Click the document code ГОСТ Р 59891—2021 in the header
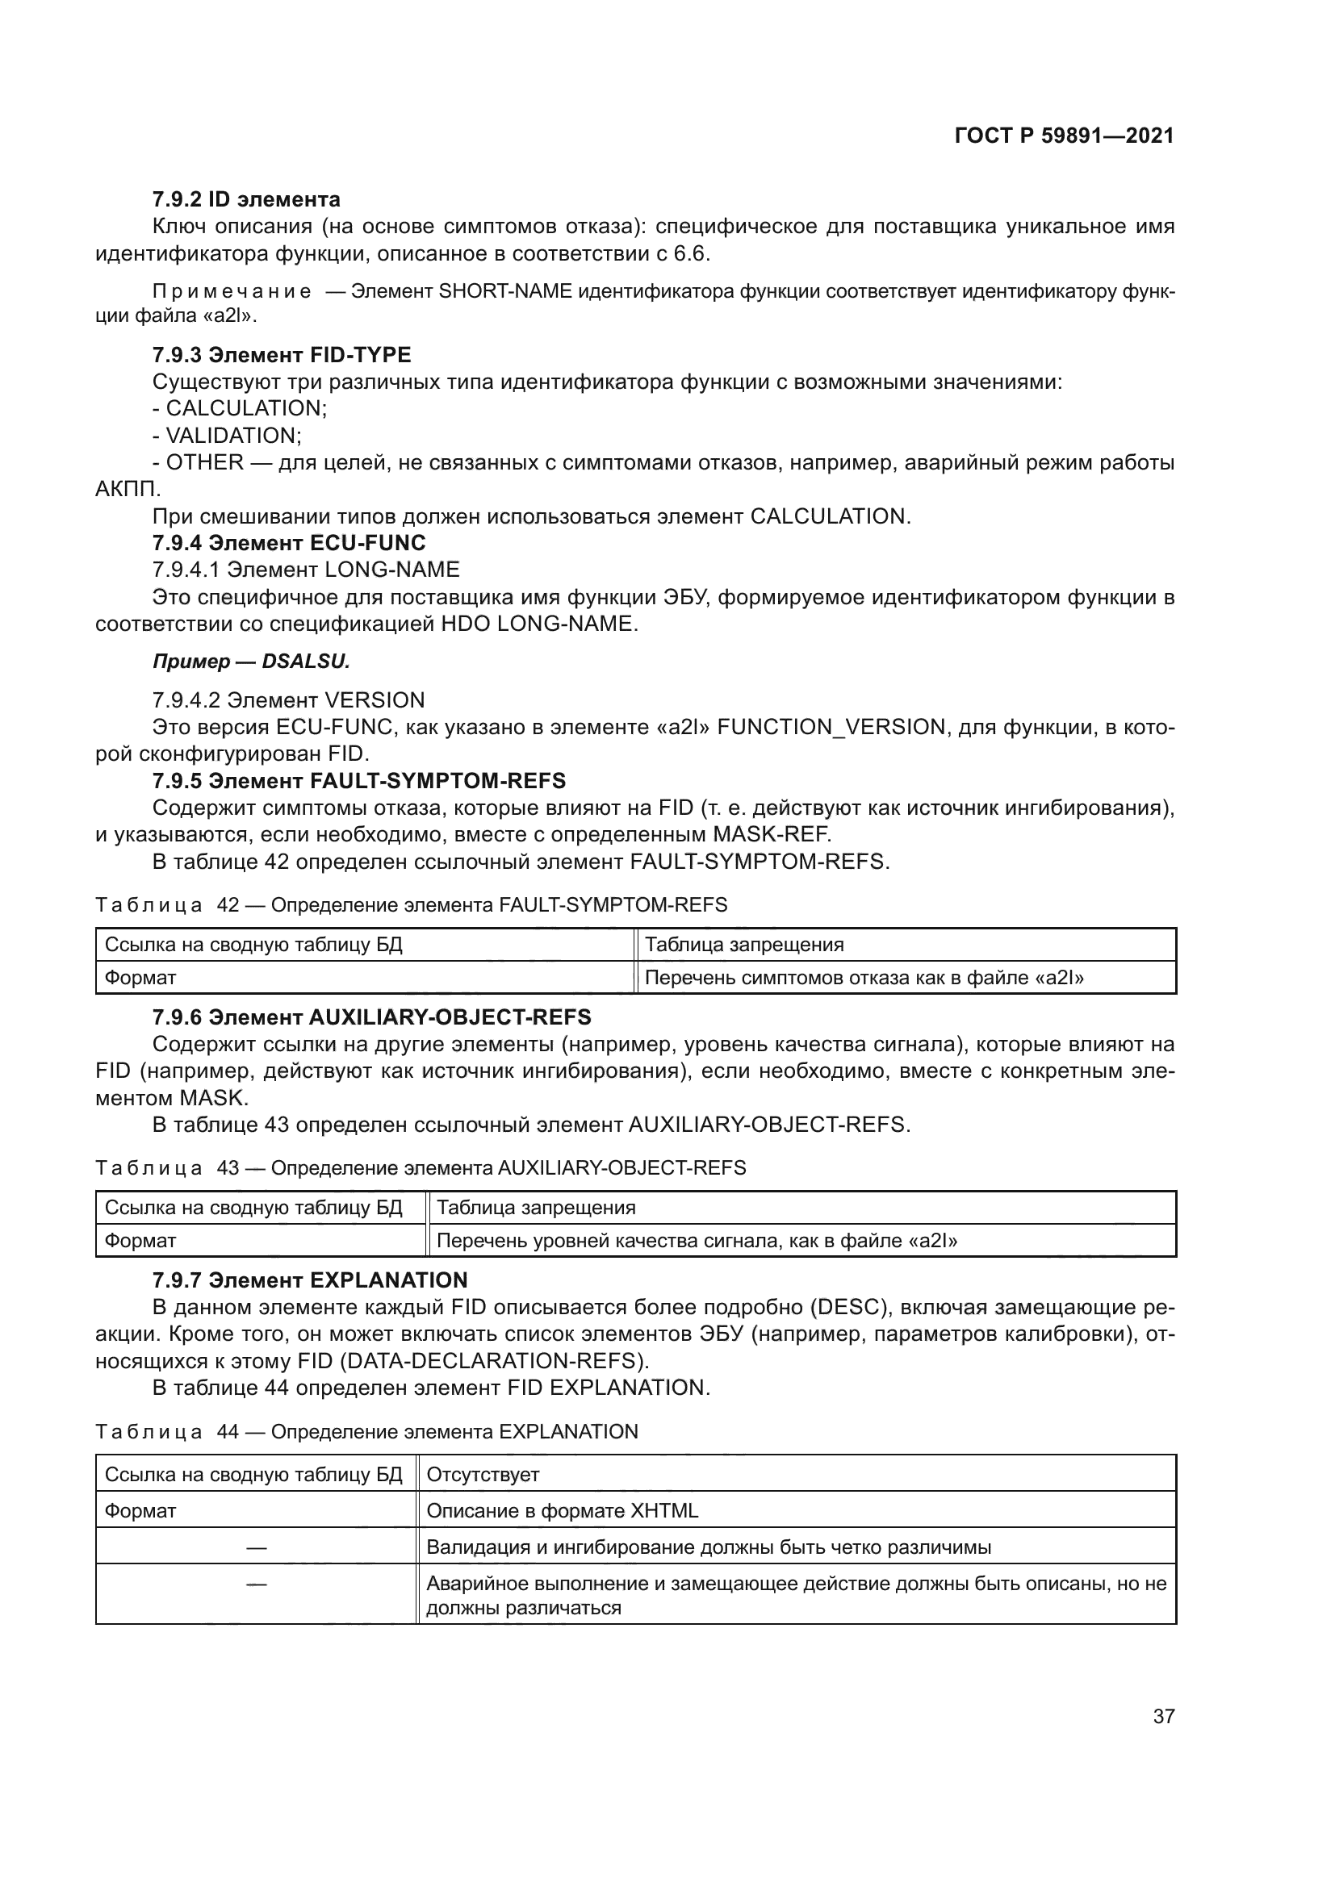(1064, 136)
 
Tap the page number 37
(1163, 1716)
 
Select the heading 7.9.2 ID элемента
(246, 200)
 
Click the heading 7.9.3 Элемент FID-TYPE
(281, 355)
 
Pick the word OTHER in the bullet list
(205, 463)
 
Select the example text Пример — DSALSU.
(251, 662)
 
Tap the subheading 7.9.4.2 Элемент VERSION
(288, 700)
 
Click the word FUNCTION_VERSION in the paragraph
(831, 728)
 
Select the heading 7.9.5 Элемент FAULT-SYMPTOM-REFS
(358, 781)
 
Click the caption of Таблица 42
(411, 905)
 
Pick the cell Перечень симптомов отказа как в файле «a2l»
(864, 978)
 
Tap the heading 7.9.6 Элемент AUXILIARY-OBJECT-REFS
(371, 1017)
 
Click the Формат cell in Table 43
(140, 1241)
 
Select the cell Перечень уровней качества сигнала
(697, 1241)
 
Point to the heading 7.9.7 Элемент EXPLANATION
(309, 1280)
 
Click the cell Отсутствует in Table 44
(483, 1475)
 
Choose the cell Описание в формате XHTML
(563, 1510)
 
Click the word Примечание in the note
(232, 292)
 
